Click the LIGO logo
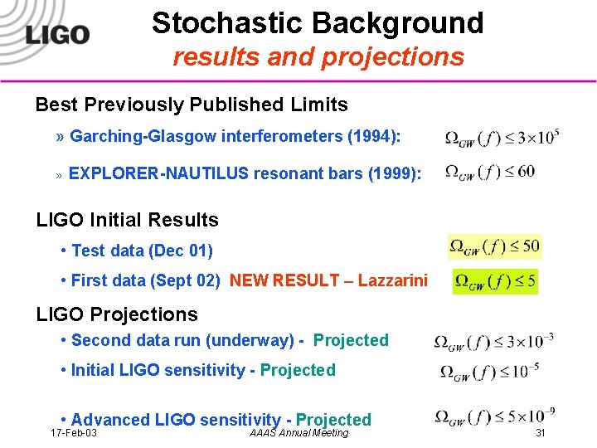(56, 34)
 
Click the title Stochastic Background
(318, 22)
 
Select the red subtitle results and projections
(318, 56)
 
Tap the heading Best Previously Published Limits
(192, 105)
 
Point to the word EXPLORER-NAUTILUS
(158, 173)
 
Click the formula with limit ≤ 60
(490, 173)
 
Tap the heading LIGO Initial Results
(127, 220)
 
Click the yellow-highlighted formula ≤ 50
(494, 246)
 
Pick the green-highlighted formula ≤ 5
(496, 281)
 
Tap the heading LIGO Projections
(117, 314)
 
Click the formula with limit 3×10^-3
(494, 342)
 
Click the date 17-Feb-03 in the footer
(73, 433)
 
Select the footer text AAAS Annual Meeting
(298, 433)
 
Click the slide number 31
(541, 433)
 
